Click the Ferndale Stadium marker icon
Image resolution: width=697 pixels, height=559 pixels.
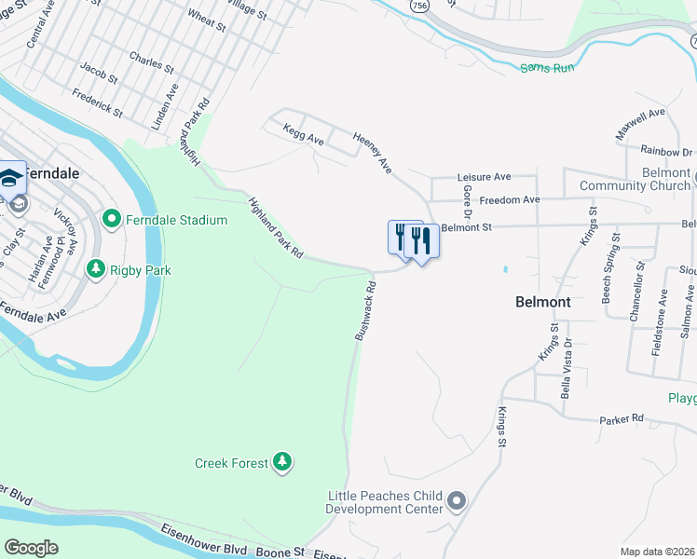[112, 220]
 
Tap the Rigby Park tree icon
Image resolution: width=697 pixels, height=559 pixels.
[95, 269]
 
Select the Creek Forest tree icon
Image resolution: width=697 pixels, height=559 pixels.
[282, 462]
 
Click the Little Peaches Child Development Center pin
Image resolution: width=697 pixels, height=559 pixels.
[456, 502]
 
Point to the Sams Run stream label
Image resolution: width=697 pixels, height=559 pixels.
[547, 67]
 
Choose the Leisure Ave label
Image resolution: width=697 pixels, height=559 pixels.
[484, 176]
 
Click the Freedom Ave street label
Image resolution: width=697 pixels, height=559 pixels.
[510, 199]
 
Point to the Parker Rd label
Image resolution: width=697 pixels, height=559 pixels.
[622, 419]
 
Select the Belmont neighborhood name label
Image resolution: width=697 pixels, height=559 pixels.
[542, 302]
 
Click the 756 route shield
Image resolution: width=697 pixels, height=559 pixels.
[418, 6]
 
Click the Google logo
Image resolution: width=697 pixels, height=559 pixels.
[32, 548]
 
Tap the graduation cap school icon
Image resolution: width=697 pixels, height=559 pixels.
[12, 177]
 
